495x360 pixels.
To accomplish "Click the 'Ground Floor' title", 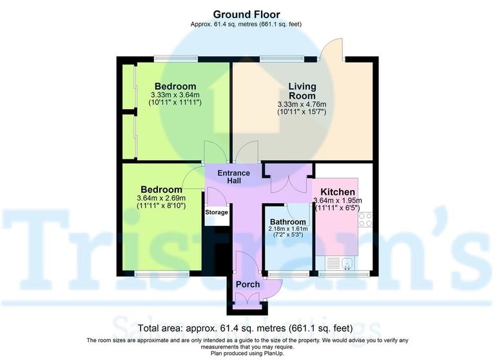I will (247, 14).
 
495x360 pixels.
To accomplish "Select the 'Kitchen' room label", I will (338, 192).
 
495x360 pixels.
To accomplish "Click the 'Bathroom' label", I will (288, 222).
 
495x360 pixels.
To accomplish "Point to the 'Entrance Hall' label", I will (233, 177).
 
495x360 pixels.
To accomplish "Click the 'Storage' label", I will (217, 212).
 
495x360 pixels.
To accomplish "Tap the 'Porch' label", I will (247, 284).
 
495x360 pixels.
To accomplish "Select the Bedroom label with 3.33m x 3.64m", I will (175, 86).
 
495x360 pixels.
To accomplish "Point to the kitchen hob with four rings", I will (365, 219).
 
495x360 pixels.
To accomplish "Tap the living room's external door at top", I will (333, 50).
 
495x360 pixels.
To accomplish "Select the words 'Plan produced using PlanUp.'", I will (247, 353).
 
